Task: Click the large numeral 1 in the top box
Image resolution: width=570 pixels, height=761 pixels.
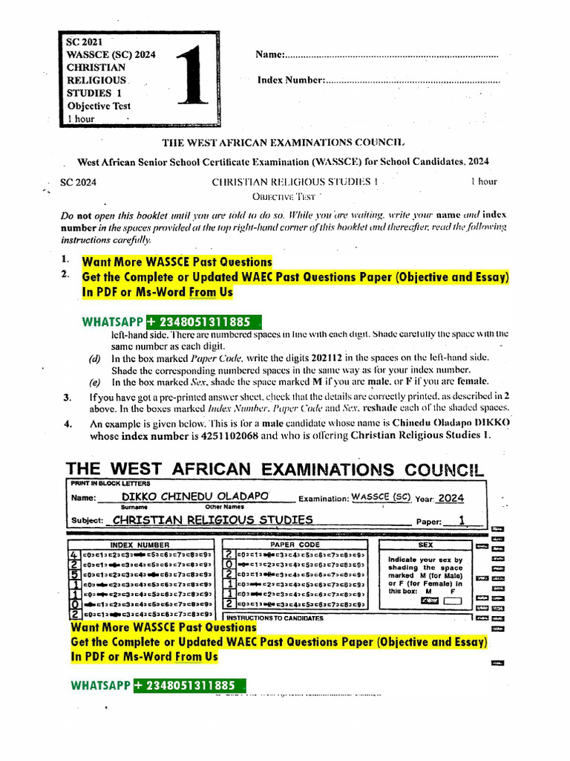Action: click(191, 80)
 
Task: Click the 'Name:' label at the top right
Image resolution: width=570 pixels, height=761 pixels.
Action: click(271, 55)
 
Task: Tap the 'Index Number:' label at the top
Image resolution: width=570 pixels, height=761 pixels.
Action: click(291, 80)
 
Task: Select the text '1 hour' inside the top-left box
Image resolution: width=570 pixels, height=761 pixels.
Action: click(81, 118)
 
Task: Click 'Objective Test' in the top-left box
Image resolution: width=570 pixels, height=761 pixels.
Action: click(99, 106)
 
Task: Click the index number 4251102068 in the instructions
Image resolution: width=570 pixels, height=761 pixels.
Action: click(228, 436)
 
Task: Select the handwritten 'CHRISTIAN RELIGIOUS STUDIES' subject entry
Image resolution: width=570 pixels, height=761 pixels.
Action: click(210, 519)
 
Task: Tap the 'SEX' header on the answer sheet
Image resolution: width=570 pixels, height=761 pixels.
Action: click(426, 545)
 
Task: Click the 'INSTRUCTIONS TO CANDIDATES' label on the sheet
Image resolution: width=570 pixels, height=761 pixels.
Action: click(275, 618)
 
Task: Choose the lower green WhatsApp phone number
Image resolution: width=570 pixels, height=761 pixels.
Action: click(190, 685)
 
